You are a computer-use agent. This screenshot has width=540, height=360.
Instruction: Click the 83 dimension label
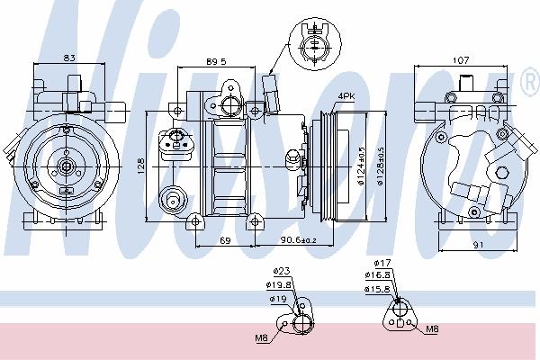[x=69, y=58]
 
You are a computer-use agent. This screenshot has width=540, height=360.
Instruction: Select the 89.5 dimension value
[x=216, y=62]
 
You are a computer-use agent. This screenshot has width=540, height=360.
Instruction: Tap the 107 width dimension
[x=461, y=60]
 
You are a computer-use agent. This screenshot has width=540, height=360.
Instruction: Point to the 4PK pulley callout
[x=346, y=96]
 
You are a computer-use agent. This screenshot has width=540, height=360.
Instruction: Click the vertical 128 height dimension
[x=141, y=166]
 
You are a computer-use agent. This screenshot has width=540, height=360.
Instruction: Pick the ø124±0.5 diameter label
[x=361, y=166]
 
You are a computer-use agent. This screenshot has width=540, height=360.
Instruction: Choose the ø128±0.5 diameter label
[x=380, y=166]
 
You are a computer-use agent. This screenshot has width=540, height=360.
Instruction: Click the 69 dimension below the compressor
[x=225, y=240]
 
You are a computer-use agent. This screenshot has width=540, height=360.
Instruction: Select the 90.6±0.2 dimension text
[x=298, y=239]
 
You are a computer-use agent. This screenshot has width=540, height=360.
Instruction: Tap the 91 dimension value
[x=478, y=245]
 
